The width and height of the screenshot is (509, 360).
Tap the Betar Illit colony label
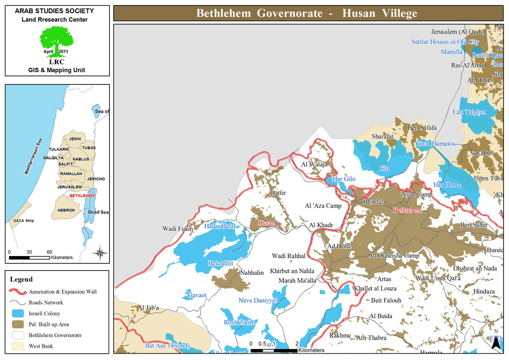coord(221,263)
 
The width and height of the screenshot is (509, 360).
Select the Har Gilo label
coord(344,179)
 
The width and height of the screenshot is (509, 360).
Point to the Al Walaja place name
coord(314,165)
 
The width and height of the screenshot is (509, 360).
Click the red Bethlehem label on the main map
coord(407,210)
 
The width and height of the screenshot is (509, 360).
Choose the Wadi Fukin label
coord(178,229)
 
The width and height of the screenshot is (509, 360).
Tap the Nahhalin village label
coord(252,273)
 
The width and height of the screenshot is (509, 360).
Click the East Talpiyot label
coord(470,112)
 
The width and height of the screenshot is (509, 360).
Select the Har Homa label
coord(447,185)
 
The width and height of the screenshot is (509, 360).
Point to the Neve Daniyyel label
coord(257,300)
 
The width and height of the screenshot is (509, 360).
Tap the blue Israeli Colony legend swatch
coord(17,314)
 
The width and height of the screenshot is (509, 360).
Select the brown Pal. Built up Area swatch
coord(17,324)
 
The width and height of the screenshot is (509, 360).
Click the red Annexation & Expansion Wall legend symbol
coord(17,292)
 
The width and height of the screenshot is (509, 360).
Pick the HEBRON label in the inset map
coord(66,210)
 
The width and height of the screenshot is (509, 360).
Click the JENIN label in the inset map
coord(75,139)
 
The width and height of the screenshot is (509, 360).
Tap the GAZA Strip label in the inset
coord(23,221)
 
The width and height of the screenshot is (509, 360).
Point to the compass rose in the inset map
coord(100,253)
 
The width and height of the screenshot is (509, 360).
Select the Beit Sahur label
coord(474,225)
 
